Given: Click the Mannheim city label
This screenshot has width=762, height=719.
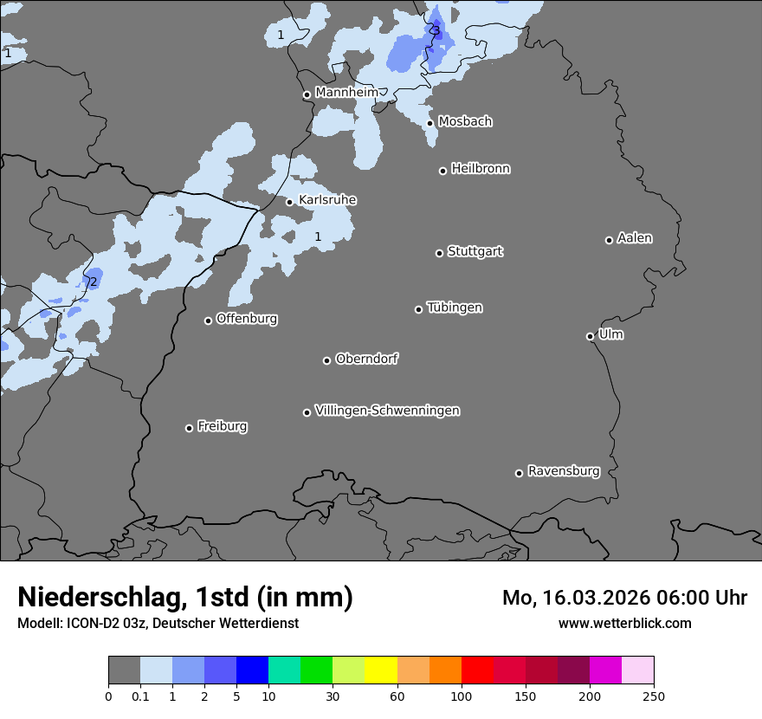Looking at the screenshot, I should pos(346,92).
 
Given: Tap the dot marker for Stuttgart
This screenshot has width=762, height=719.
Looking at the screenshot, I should pos(439,253).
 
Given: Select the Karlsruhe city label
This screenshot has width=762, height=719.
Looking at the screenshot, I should pos(327,200).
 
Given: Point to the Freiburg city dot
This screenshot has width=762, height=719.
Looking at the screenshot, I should pos(189,428).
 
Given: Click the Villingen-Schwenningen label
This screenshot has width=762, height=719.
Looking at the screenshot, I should pos(387,411).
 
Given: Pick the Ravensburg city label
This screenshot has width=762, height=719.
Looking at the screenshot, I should pos(563,471).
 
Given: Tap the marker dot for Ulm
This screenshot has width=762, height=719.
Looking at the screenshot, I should pos(590,336).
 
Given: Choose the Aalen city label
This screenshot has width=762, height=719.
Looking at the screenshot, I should pos(635,238).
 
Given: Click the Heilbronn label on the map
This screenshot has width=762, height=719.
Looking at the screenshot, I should pos(481,169).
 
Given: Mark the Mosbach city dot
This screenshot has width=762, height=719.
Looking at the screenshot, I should pos(429,123).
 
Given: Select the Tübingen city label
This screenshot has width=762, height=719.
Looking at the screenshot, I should pos(455,308).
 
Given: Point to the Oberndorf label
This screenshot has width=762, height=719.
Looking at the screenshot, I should pos(366,359).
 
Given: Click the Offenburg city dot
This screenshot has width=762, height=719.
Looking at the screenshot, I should pos(208,321).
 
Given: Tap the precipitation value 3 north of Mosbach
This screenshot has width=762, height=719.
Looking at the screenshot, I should pos(436,32).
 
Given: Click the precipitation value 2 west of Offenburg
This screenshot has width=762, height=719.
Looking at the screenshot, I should pos(93,282).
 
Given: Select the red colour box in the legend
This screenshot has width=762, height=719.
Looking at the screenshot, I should pos(477,670).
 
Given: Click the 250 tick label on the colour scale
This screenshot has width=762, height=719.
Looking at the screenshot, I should pos(654,695).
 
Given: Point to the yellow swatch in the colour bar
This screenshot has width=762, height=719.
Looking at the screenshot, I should pos(381,670).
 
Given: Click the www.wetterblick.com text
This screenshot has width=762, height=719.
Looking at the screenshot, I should pos(624,623).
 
